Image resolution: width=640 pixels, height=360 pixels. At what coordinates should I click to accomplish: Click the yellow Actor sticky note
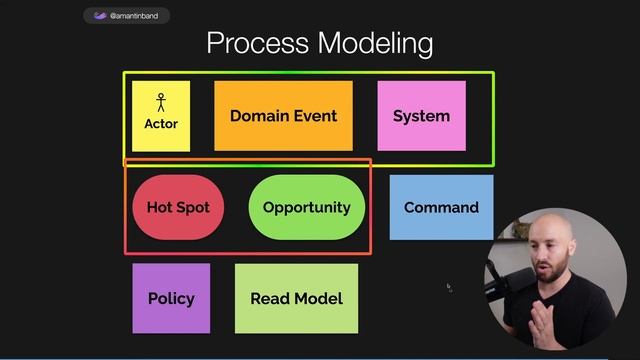pos(161,116)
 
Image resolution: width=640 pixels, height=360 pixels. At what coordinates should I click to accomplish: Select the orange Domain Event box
pos(283,116)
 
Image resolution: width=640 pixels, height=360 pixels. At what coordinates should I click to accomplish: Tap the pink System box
pos(421,116)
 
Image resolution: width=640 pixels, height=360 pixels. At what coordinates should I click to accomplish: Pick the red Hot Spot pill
pos(178,208)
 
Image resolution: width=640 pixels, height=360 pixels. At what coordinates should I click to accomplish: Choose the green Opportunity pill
pos(306,208)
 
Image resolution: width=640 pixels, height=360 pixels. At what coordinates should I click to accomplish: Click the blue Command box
pos(441,208)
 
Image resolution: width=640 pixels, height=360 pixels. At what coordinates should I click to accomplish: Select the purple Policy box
pos(171,298)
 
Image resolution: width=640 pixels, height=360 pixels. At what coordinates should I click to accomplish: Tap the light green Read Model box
pos(296,298)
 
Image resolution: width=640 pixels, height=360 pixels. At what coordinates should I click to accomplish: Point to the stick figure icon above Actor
pos(161,102)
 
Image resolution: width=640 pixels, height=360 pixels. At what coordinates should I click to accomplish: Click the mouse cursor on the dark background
pos(449,287)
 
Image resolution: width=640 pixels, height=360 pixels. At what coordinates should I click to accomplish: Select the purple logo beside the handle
pos(99,16)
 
